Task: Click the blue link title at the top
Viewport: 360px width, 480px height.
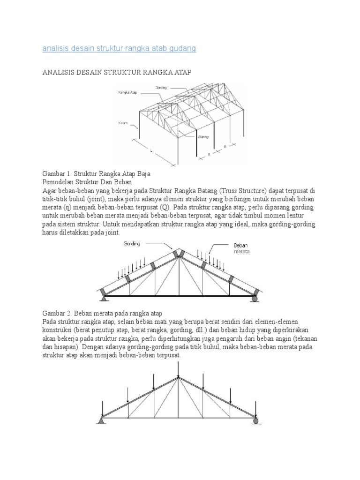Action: pyautogui.click(x=119, y=48)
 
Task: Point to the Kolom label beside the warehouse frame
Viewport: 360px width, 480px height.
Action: pyautogui.click(x=123, y=123)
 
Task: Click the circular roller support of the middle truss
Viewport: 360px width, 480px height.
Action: pyautogui.click(x=255, y=298)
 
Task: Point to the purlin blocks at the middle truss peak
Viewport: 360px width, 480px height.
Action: pyautogui.click(x=178, y=254)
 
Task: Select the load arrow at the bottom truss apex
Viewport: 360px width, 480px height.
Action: pyautogui.click(x=179, y=368)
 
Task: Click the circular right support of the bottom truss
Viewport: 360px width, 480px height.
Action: pyautogui.click(x=255, y=420)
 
